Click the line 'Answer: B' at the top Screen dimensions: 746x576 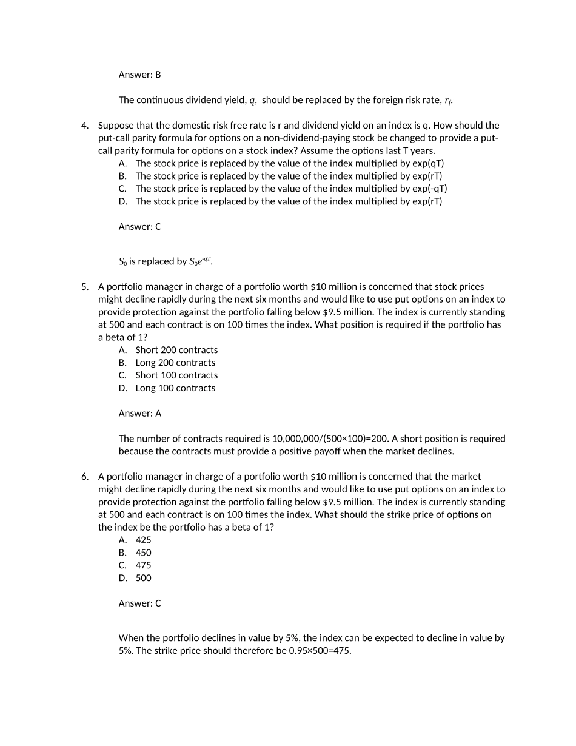point(139,75)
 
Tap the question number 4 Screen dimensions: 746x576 point(85,126)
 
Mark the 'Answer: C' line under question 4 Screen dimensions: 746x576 point(139,227)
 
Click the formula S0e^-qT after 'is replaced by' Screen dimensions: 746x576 point(200,261)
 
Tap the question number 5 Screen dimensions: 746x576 point(85,287)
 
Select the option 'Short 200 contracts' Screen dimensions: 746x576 point(176,350)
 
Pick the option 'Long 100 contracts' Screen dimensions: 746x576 point(175,388)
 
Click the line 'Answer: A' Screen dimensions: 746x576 point(139,414)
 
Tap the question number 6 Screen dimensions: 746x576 point(85,477)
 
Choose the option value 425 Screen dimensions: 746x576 point(144,540)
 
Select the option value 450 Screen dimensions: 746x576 point(144,553)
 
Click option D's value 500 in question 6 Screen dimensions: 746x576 point(144,578)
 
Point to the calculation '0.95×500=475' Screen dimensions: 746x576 point(320,651)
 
